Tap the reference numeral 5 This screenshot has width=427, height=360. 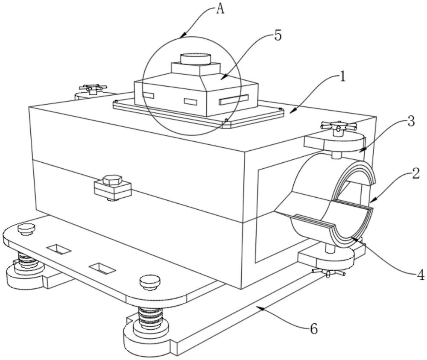point(278,36)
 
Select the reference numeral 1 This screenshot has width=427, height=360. point(342,77)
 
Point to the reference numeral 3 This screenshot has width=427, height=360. point(411,121)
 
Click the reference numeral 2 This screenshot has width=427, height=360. point(415,174)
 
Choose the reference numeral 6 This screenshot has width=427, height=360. point(314,329)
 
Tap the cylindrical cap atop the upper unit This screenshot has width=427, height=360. point(196,59)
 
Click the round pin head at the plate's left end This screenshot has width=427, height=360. point(26,229)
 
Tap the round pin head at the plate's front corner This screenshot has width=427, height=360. point(149,281)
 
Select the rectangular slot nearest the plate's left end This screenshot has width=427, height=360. point(59,249)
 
